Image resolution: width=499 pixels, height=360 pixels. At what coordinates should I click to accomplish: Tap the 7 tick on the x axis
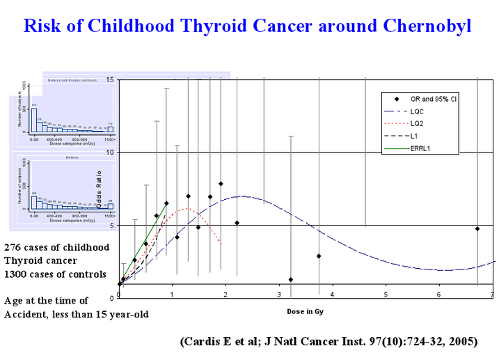point(492,295)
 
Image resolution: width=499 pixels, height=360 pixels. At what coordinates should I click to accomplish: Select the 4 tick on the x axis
point(333,295)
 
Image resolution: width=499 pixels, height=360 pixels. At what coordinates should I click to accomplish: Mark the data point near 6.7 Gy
point(477,228)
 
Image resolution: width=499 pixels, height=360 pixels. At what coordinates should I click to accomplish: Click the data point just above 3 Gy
point(290,279)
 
